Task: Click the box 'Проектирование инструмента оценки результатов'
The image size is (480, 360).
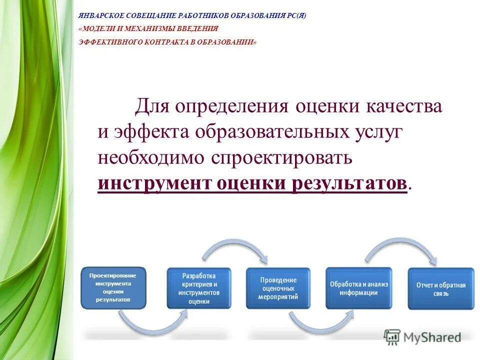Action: point(113,288)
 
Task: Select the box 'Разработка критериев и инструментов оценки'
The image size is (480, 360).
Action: point(199,288)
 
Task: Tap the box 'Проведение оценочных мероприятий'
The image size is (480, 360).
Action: point(278,288)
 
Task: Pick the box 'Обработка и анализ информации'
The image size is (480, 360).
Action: point(358,288)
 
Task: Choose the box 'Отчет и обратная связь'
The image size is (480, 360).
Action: point(441,288)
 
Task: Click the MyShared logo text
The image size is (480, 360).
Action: point(433,337)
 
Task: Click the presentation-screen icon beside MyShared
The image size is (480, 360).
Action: point(392,337)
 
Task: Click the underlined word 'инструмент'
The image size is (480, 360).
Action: point(155,183)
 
